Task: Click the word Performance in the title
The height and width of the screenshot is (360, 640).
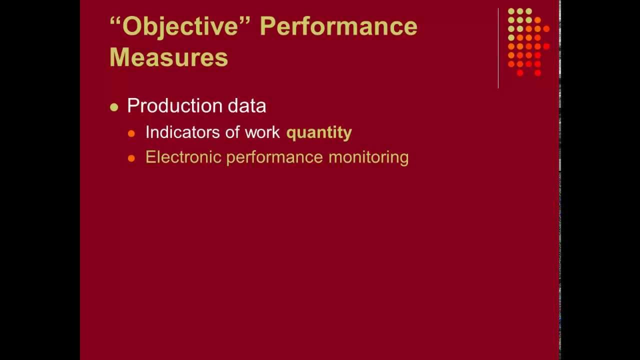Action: [x=338, y=26]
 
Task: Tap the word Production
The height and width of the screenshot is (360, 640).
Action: [x=168, y=105]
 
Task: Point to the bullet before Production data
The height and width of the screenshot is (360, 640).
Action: [x=114, y=107]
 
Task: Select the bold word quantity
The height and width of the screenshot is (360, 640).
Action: [x=319, y=132]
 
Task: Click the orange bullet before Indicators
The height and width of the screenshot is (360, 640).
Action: [x=131, y=133]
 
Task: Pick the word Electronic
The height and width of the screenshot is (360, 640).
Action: [x=183, y=157]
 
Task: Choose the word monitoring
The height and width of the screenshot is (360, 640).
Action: [x=368, y=157]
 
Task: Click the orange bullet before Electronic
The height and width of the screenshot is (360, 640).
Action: [x=131, y=158]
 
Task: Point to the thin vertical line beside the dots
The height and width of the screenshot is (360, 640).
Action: [x=498, y=47]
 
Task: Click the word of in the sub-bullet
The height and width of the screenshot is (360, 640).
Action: [x=233, y=132]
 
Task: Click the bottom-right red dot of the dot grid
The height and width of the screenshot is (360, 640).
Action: [x=537, y=73]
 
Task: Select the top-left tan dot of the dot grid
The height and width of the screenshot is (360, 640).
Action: [x=511, y=11]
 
